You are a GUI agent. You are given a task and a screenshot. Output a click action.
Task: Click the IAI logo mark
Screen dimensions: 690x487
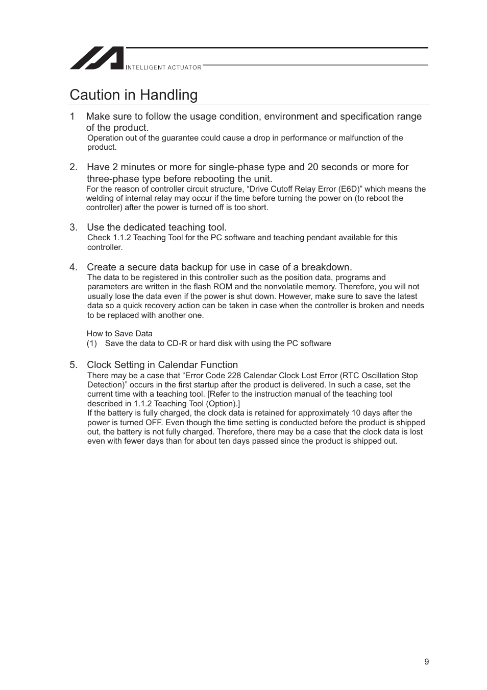click(x=96, y=58)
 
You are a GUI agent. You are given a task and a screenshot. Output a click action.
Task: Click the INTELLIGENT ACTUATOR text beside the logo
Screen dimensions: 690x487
click(x=163, y=67)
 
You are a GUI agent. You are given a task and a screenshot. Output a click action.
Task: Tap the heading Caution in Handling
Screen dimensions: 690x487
click(x=134, y=95)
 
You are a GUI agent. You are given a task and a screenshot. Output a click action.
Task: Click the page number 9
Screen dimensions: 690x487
click(x=426, y=662)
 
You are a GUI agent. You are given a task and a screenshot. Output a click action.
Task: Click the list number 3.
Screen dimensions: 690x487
click(x=74, y=227)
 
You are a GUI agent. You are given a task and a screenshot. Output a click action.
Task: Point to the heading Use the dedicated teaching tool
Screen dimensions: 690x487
click(x=156, y=227)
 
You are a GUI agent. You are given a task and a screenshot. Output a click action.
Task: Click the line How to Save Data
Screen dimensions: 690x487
click(x=119, y=334)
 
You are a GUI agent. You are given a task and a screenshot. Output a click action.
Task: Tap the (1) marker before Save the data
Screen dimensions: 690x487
click(x=91, y=343)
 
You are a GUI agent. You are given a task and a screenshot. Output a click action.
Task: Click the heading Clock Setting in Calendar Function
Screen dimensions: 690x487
click(x=162, y=365)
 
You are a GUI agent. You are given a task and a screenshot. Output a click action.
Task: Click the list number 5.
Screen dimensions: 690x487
click(x=74, y=365)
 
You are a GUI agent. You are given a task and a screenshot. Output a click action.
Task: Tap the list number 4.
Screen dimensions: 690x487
click(x=74, y=267)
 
